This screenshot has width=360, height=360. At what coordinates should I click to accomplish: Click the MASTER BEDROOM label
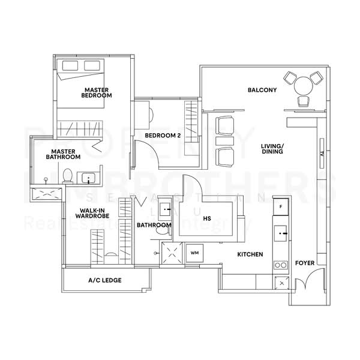pyautogui.click(x=97, y=92)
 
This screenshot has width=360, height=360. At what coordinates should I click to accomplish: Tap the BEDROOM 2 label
pyautogui.click(x=163, y=136)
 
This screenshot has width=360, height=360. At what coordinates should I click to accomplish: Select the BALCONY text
pyautogui.click(x=262, y=91)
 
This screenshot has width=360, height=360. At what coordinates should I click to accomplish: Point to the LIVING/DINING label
pyautogui.click(x=272, y=149)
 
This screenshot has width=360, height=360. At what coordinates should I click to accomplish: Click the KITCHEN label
pyautogui.click(x=250, y=254)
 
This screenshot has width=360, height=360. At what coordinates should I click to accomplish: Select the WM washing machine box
pyautogui.click(x=194, y=253)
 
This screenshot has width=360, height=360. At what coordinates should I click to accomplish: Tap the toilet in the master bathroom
pyautogui.click(x=67, y=176)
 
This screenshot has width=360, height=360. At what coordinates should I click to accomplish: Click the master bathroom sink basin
pyautogui.click(x=88, y=178)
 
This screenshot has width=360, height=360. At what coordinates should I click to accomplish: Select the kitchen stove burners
pyautogui.click(x=280, y=264)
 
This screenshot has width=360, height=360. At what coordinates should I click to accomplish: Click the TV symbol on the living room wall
pyautogui.click(x=322, y=153)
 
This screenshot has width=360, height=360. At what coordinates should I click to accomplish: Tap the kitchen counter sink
pyautogui.click(x=280, y=231)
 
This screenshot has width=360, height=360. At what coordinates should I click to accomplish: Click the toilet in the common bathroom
pyautogui.click(x=161, y=230)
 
